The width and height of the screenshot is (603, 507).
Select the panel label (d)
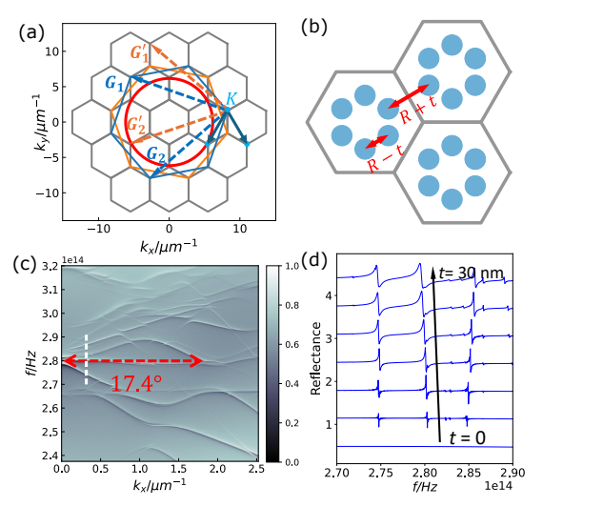317,262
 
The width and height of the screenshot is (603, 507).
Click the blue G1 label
116,84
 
